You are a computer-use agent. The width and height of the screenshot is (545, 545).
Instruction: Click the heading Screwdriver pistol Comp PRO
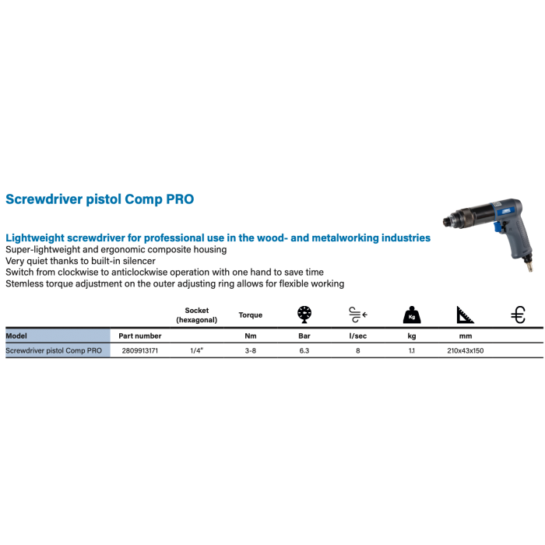100,199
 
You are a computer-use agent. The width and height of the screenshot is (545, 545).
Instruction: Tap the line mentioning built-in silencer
81,262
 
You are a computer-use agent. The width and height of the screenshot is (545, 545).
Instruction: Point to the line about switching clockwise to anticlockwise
163,273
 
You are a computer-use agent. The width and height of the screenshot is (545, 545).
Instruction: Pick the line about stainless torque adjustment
174,285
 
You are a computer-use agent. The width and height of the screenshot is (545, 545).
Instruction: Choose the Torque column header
249,316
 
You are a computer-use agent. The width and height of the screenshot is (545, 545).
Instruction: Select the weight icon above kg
411,315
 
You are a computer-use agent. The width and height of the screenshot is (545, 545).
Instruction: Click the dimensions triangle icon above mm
466,315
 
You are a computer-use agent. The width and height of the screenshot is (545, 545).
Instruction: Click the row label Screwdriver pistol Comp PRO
52,352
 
